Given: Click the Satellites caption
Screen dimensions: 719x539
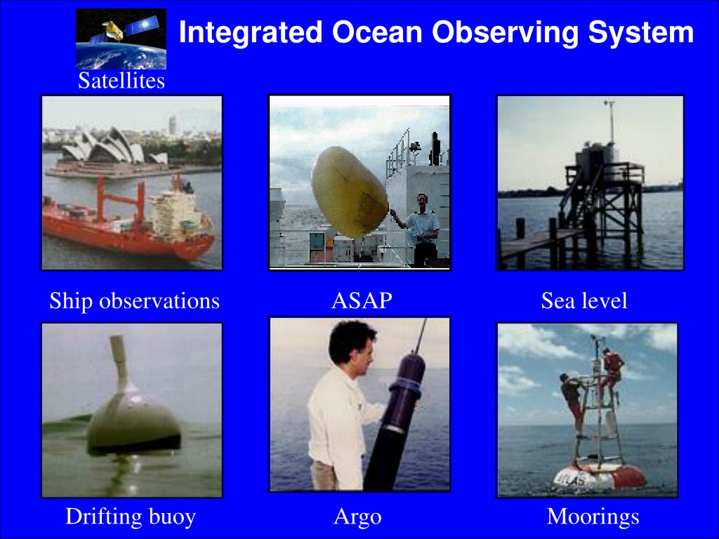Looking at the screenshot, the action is click(x=121, y=80).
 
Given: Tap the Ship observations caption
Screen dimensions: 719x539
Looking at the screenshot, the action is click(x=134, y=300).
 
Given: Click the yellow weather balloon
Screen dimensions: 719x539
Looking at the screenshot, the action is click(x=350, y=192).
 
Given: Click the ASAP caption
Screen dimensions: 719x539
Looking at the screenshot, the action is click(x=362, y=300).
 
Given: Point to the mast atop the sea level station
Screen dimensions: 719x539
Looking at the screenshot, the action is click(x=611, y=121).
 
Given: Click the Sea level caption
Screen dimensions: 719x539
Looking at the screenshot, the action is click(x=584, y=300).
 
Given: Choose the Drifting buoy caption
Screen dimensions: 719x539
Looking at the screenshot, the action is click(x=131, y=517).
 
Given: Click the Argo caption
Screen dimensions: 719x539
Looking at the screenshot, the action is click(x=357, y=517).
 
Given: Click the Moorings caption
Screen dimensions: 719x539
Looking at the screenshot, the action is click(x=593, y=517).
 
